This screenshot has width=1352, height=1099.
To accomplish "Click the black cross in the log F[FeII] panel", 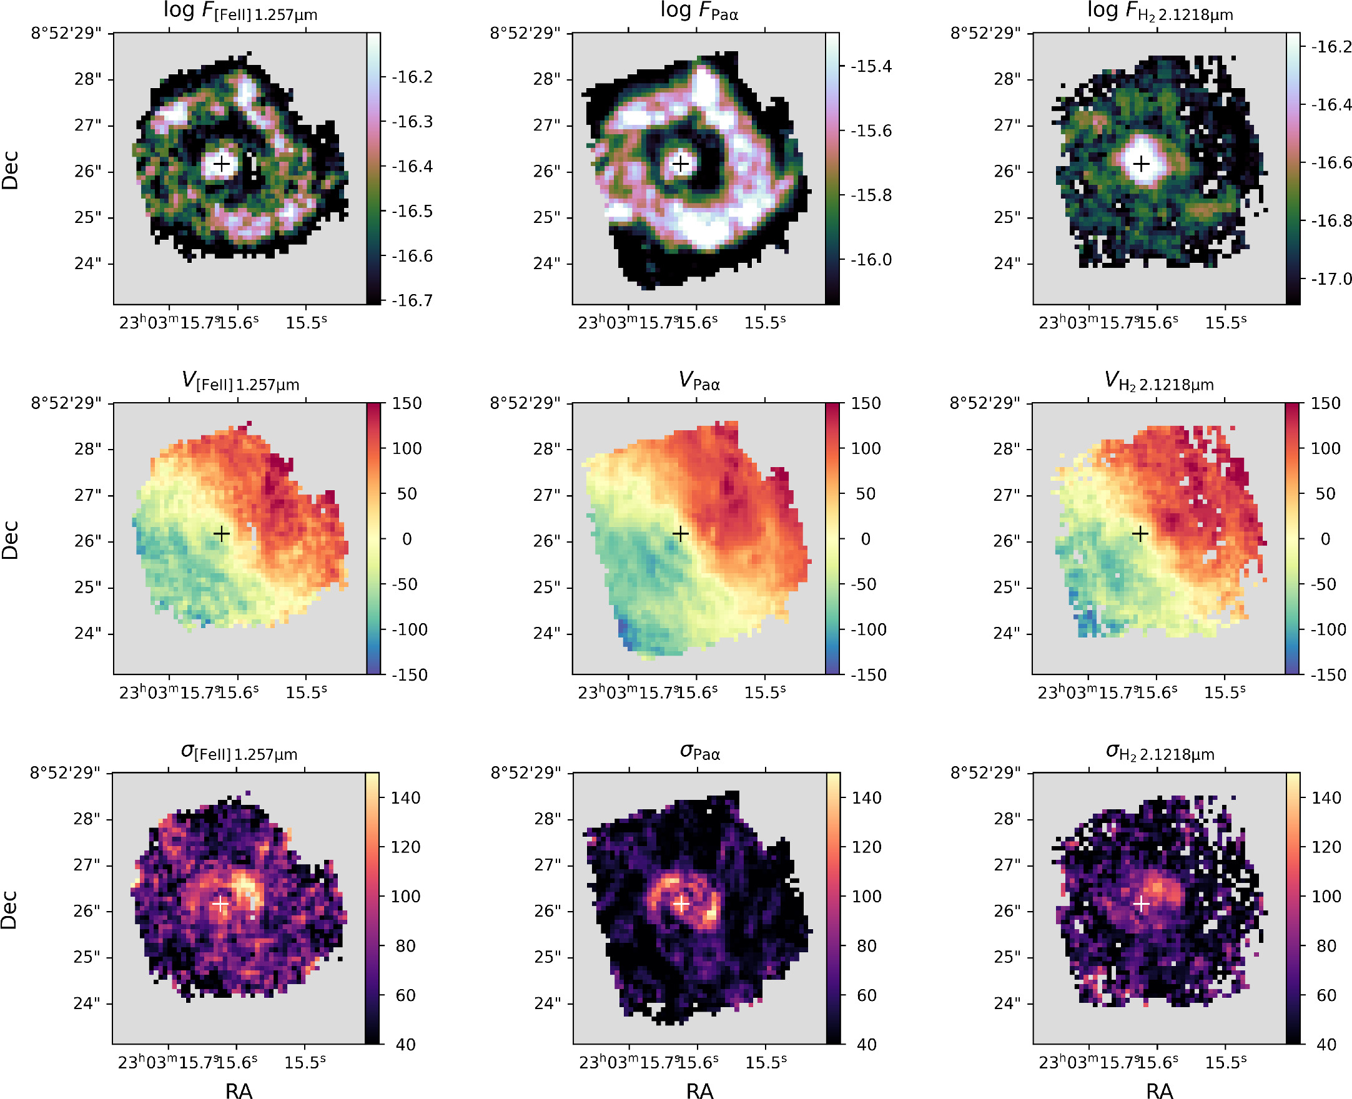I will (222, 165).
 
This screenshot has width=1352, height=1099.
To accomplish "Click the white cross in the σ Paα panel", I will (681, 904).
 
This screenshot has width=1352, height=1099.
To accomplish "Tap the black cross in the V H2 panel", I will (1140, 535).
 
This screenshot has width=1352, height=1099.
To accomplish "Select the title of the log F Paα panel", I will (699, 11).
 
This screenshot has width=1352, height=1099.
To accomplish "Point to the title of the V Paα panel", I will (699, 382).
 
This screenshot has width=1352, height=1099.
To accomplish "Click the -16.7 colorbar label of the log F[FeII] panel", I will (412, 301).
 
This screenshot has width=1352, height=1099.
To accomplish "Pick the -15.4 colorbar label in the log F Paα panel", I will (871, 66).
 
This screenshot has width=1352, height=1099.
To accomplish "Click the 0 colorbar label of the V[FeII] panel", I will (407, 539).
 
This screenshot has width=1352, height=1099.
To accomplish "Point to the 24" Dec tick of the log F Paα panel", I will (547, 264).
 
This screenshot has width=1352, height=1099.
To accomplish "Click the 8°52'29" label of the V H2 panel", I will (984, 403).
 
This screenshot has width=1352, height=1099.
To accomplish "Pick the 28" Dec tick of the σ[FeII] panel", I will (87, 819).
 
